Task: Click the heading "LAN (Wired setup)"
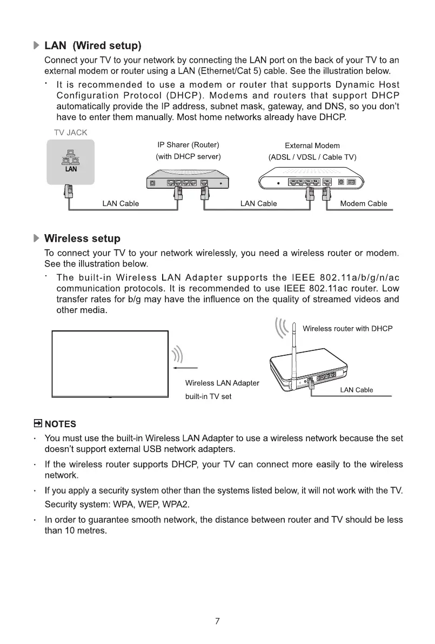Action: click(x=92, y=44)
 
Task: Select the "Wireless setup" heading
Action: click(x=82, y=238)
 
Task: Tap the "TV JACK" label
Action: click(x=70, y=132)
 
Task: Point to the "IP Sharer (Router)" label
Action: click(x=188, y=145)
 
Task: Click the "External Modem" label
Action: click(x=312, y=145)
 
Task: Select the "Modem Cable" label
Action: click(x=364, y=204)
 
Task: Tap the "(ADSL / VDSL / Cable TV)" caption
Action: click(x=312, y=157)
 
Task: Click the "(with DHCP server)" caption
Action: click(x=188, y=157)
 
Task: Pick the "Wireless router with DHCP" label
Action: click(x=347, y=329)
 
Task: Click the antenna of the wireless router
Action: click(x=295, y=351)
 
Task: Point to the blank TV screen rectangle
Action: click(x=110, y=364)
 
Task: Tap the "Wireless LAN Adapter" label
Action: click(x=222, y=383)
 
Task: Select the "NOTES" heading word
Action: click(x=61, y=424)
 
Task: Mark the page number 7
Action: click(x=217, y=621)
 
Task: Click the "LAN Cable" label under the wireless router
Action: click(x=357, y=390)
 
